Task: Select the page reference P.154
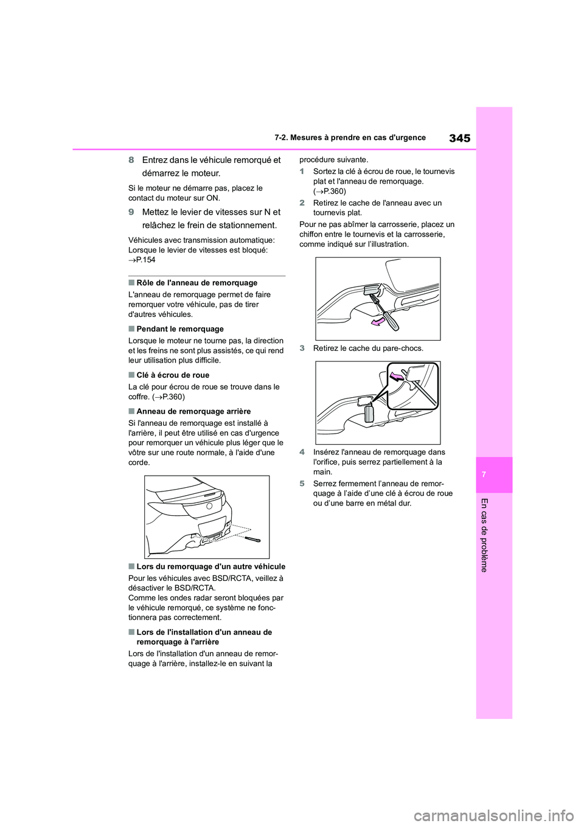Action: (142, 260)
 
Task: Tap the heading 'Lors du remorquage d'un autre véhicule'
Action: (210, 566)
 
